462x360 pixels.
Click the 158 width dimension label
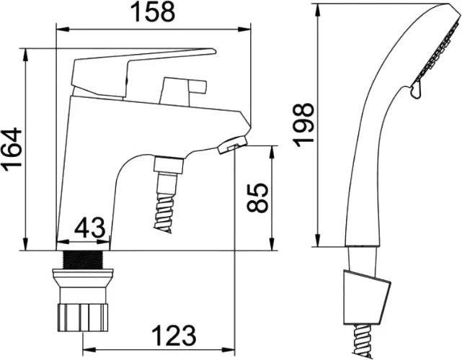click(x=154, y=12)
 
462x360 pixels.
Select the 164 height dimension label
click(x=12, y=149)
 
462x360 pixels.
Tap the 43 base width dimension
click(x=89, y=228)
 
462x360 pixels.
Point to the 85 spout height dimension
click(x=257, y=197)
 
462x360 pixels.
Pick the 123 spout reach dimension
click(x=174, y=336)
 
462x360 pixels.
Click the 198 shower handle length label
click(x=303, y=125)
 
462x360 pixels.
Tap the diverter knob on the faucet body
click(x=182, y=91)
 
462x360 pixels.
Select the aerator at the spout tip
click(x=233, y=145)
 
